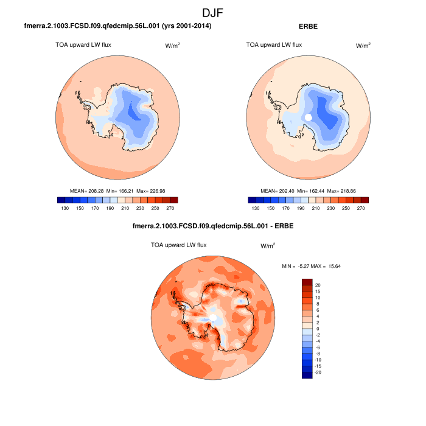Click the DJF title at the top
point(213,12)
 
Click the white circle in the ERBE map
point(308,117)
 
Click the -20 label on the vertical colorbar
point(318,372)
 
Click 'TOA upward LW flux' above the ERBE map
point(274,44)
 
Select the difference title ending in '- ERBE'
point(212,227)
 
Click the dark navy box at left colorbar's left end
point(61,200)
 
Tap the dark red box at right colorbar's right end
point(365,200)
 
